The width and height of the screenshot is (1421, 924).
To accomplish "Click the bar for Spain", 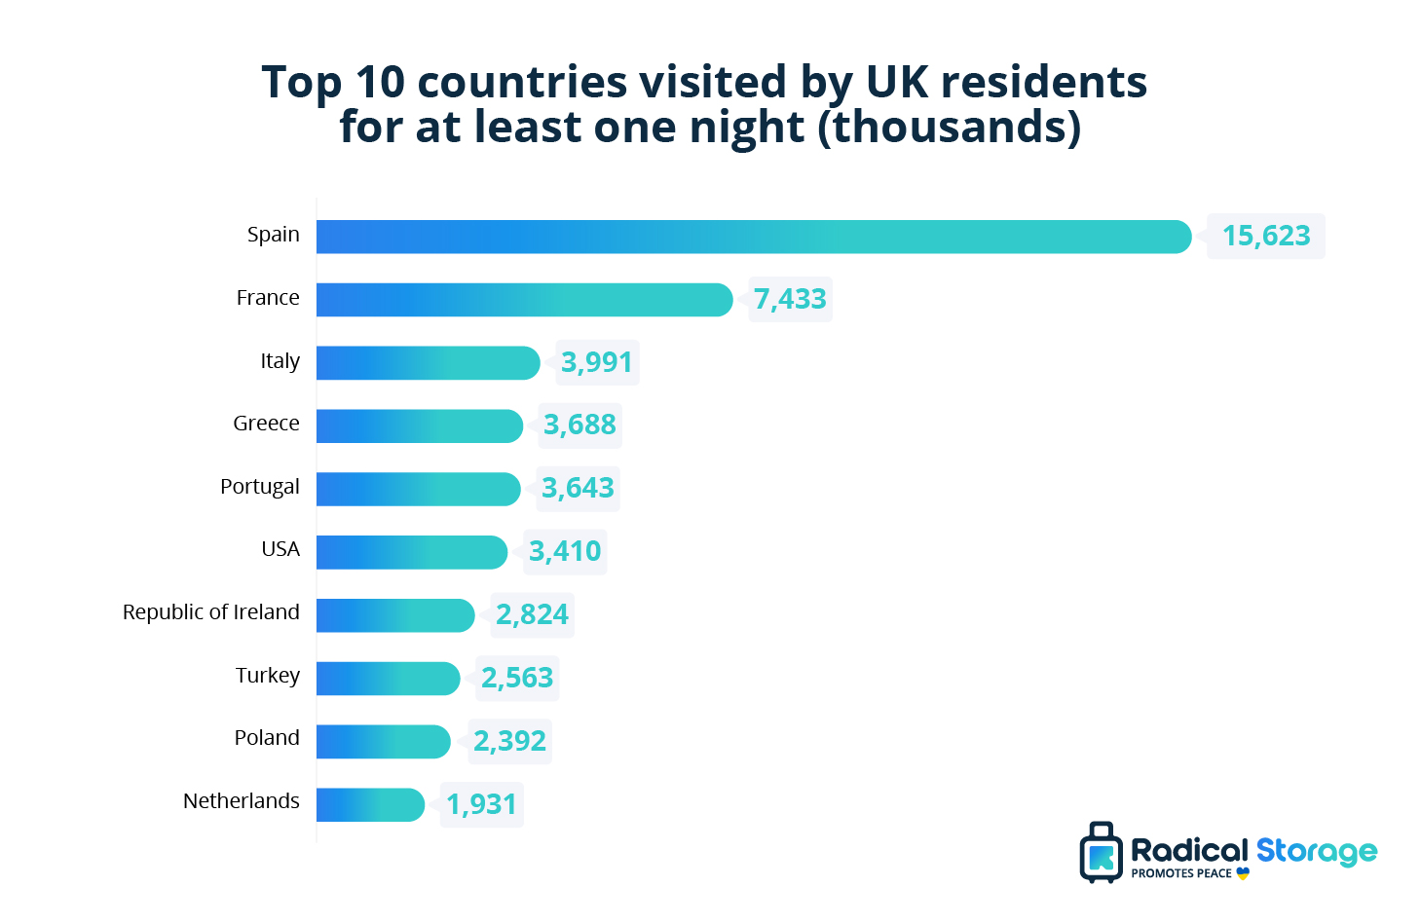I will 753,237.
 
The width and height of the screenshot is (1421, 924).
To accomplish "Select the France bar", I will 524,300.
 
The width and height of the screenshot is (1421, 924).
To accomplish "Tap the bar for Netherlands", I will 370,805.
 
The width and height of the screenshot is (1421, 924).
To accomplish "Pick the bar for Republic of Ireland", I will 394,615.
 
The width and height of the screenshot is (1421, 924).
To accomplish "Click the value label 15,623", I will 1266,236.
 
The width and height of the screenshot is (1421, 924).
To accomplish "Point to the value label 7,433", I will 790,299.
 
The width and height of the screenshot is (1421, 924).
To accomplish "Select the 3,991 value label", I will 597,362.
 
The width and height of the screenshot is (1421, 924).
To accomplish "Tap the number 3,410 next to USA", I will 565,551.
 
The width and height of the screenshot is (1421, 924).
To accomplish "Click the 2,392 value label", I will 509,741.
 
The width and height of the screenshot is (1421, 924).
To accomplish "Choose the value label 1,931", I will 481,804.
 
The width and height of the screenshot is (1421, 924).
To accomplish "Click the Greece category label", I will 266,424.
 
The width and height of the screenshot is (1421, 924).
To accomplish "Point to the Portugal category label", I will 259,487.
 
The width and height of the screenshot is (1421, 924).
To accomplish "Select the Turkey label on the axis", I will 267,676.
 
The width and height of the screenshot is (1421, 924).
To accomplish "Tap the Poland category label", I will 266,738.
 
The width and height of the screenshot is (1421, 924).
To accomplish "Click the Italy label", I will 280,361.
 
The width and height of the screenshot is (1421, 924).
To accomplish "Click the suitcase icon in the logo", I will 1101,853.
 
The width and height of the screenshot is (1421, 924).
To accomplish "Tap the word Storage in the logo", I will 1316,851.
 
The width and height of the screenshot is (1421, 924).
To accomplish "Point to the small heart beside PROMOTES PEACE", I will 1243,873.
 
